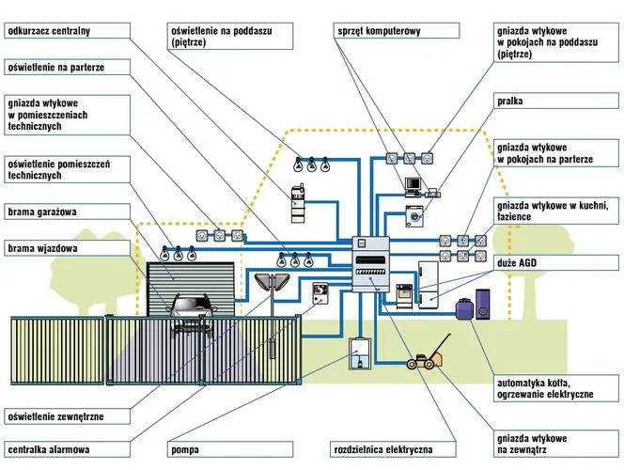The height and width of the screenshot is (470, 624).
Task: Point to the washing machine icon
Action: (x=414, y=215)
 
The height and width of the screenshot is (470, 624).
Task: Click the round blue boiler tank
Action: (x=463, y=308)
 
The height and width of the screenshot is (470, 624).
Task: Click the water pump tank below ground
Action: (x=359, y=354)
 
